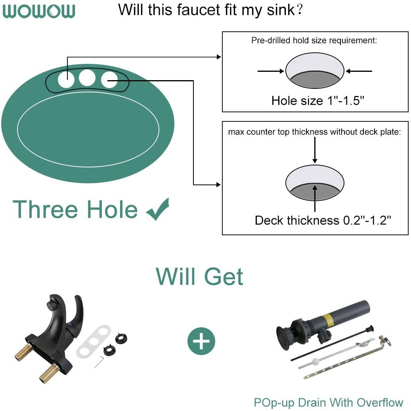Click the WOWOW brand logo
39,11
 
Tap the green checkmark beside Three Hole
157,209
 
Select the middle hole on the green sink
87,77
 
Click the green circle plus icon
201,341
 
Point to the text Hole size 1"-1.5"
318,100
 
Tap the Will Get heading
199,277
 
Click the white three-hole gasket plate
94,341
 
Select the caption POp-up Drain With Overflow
329,403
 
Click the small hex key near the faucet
99,362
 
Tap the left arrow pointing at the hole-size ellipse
271,71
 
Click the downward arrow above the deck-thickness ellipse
315,150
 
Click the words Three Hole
75,209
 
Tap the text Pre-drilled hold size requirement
314,40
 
